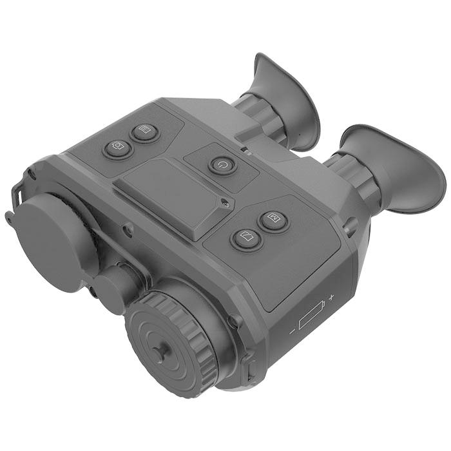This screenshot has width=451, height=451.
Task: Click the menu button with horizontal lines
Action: tap(145, 132)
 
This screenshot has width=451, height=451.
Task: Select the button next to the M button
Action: tap(245, 239)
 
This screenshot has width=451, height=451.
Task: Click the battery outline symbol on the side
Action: tap(312, 318)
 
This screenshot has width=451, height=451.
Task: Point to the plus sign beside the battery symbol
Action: tap(331, 298)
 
